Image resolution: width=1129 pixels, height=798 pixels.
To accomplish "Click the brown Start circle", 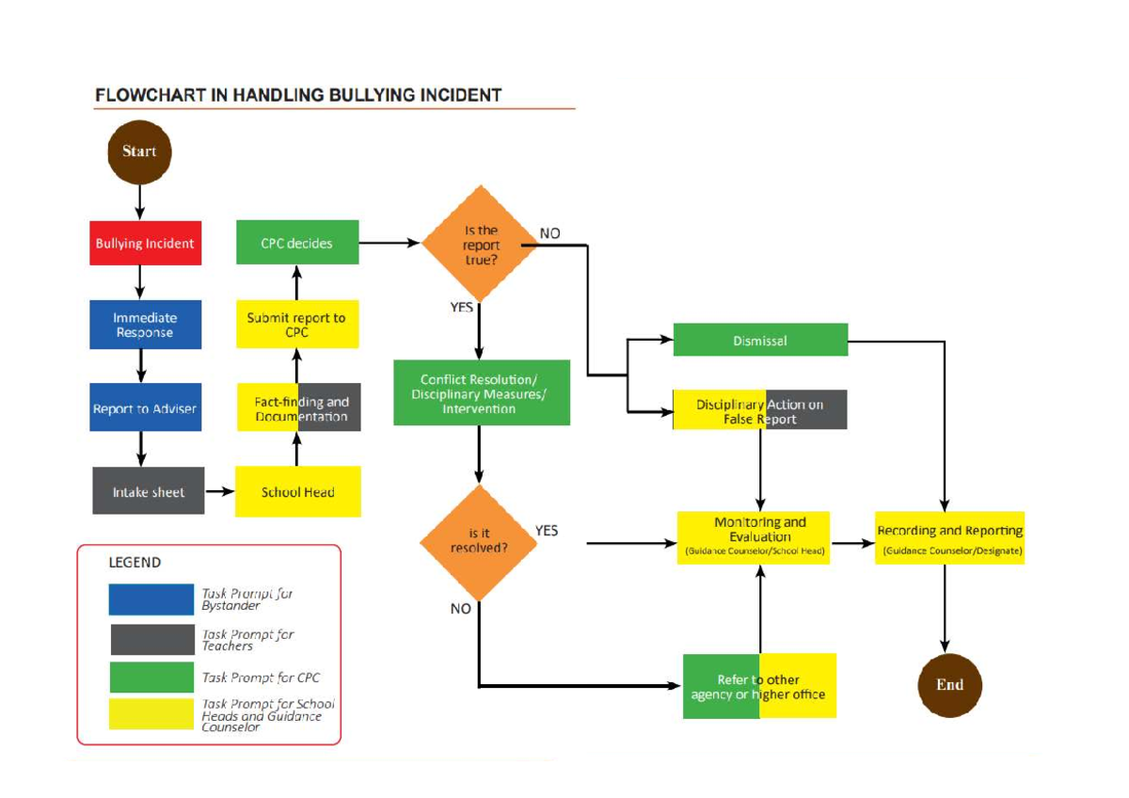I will click(139, 152).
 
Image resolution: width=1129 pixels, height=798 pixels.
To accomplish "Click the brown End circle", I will click(949, 685).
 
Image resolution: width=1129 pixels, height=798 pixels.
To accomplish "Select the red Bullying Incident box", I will click(145, 244).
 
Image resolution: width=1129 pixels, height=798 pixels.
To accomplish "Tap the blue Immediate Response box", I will click(145, 325).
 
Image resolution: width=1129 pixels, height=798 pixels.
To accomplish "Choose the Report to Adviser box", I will click(145, 408).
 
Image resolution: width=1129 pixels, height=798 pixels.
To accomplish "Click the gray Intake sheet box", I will click(149, 491).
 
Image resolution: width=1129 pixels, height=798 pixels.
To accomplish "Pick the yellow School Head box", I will click(297, 491).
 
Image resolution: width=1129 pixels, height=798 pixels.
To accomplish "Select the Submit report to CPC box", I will click(296, 325).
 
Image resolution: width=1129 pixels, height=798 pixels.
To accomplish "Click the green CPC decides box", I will click(296, 244).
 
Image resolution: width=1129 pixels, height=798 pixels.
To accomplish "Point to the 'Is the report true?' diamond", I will click(481, 245).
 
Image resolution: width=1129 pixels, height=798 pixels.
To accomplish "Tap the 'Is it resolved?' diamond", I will click(479, 541).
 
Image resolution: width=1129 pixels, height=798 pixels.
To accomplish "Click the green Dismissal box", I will click(760, 341).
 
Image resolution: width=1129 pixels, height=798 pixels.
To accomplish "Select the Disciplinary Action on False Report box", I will click(760, 410).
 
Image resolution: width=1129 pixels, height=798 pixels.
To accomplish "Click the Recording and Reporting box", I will click(949, 538).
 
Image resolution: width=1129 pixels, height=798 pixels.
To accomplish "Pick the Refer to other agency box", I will click(759, 686).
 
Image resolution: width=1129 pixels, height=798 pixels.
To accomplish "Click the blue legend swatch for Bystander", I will click(151, 599).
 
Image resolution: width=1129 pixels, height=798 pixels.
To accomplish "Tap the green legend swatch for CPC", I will click(151, 678).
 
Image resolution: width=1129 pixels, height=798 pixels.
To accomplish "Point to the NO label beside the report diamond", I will click(550, 232).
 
